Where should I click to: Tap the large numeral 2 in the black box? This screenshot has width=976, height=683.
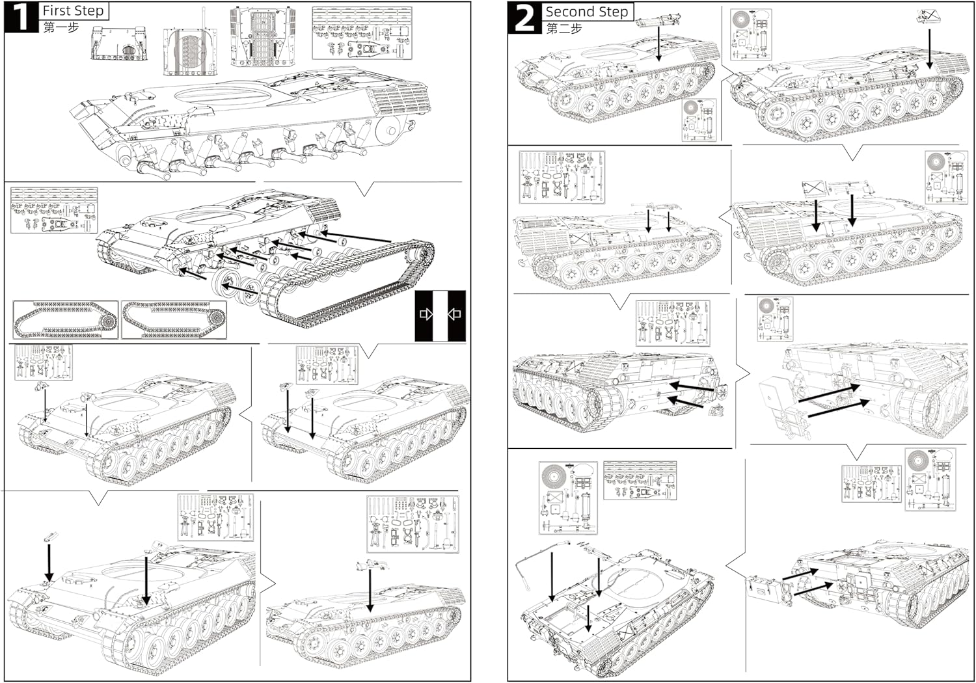[524, 18]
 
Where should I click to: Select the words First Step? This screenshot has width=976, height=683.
[73, 10]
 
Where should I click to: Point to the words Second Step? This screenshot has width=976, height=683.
[586, 12]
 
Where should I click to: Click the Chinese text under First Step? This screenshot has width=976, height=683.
[61, 27]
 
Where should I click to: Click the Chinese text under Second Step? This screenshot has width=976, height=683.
[563, 28]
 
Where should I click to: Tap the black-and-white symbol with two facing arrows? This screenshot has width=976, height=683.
[441, 315]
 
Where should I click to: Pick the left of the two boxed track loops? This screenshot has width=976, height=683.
[65, 319]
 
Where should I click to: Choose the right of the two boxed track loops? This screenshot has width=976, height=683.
[174, 319]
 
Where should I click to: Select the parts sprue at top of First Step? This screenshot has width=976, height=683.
[362, 34]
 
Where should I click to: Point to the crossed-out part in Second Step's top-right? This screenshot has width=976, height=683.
[926, 16]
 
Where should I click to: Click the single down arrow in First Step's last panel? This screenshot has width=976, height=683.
[370, 589]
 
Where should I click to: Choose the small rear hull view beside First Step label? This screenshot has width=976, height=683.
[116, 44]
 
